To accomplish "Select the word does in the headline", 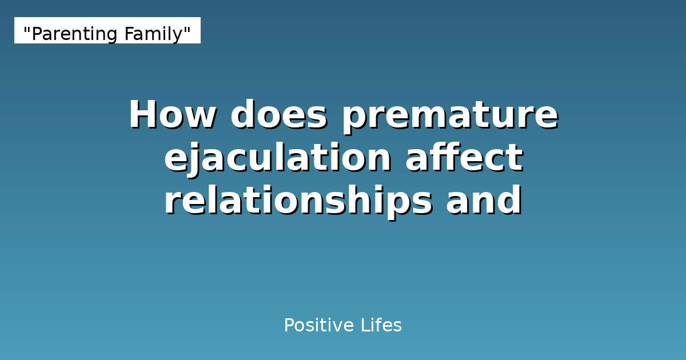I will point(278,115).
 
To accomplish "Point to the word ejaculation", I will point(278,158).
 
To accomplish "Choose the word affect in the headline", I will point(464,158).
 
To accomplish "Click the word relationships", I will point(297,201).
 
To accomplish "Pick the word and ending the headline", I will point(484,201).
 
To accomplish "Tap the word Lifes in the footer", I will point(381,326).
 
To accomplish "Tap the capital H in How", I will point(142,115).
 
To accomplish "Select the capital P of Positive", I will point(289,326).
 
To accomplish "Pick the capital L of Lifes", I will point(364,326).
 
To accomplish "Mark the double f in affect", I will point(441,158).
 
